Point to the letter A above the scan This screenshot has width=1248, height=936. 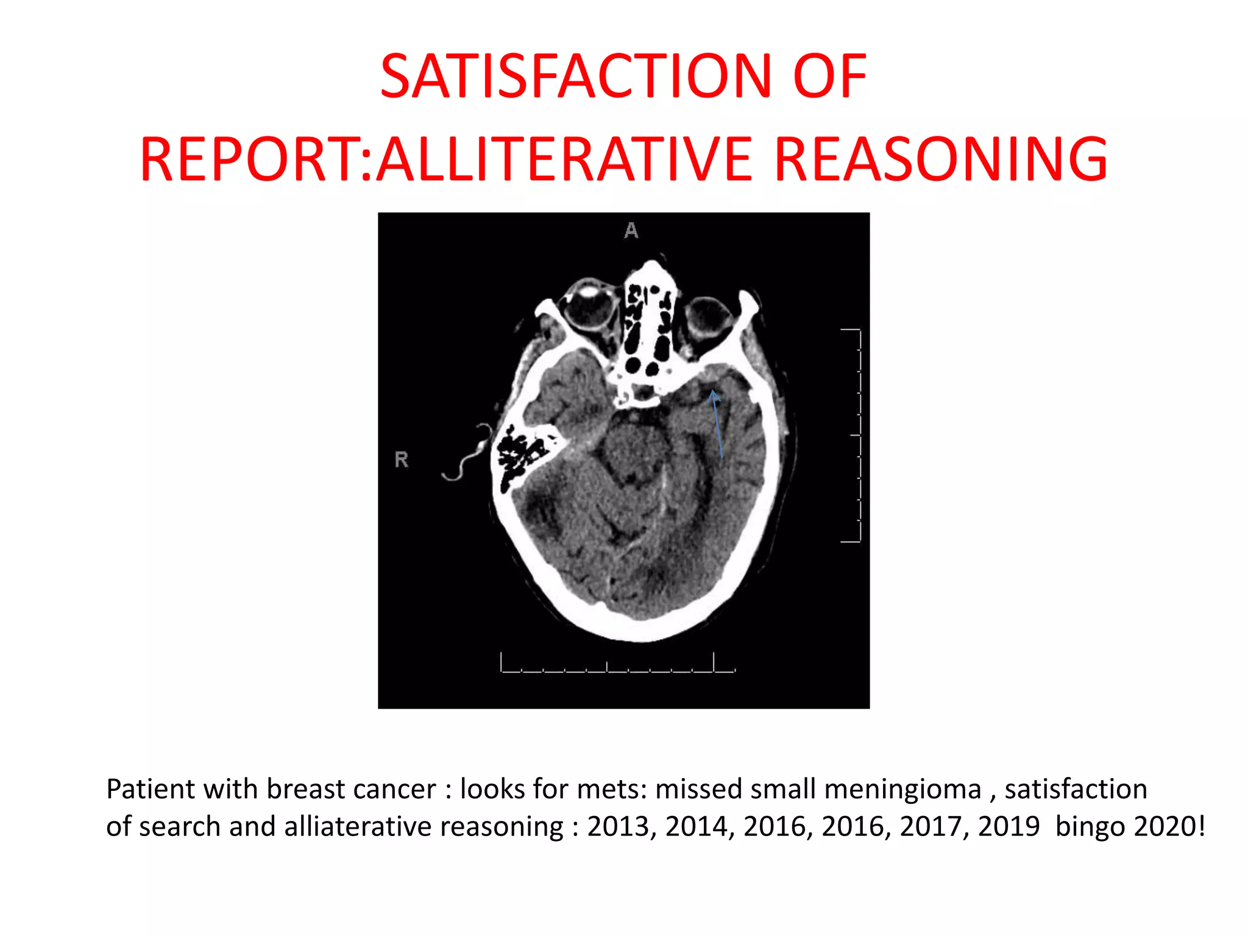[x=631, y=230]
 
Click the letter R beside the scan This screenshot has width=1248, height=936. [x=401, y=459]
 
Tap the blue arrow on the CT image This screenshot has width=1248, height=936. [x=717, y=424]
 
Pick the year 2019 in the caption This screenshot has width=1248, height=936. [x=1009, y=827]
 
